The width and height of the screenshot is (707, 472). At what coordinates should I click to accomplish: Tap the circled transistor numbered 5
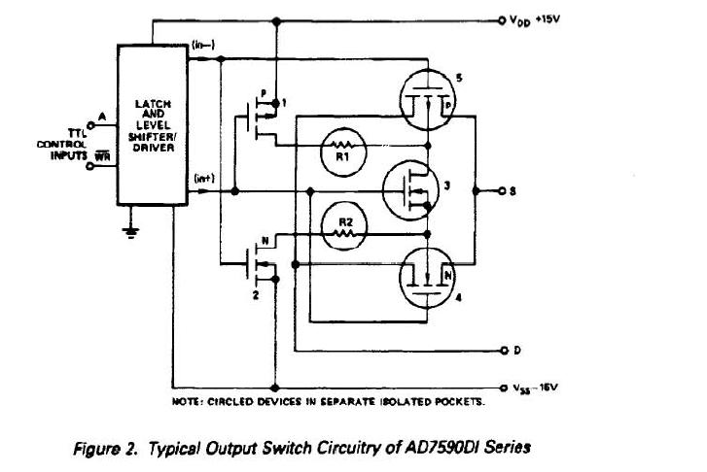(x=427, y=98)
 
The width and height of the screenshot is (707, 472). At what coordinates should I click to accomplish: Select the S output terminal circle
(x=502, y=190)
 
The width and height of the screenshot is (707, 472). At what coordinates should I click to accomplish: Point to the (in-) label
(x=204, y=48)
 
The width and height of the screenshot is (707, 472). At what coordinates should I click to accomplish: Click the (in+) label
(x=204, y=178)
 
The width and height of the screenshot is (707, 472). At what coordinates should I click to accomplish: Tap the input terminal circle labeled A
(x=89, y=122)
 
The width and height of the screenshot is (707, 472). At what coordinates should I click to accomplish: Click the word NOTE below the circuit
(x=187, y=399)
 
